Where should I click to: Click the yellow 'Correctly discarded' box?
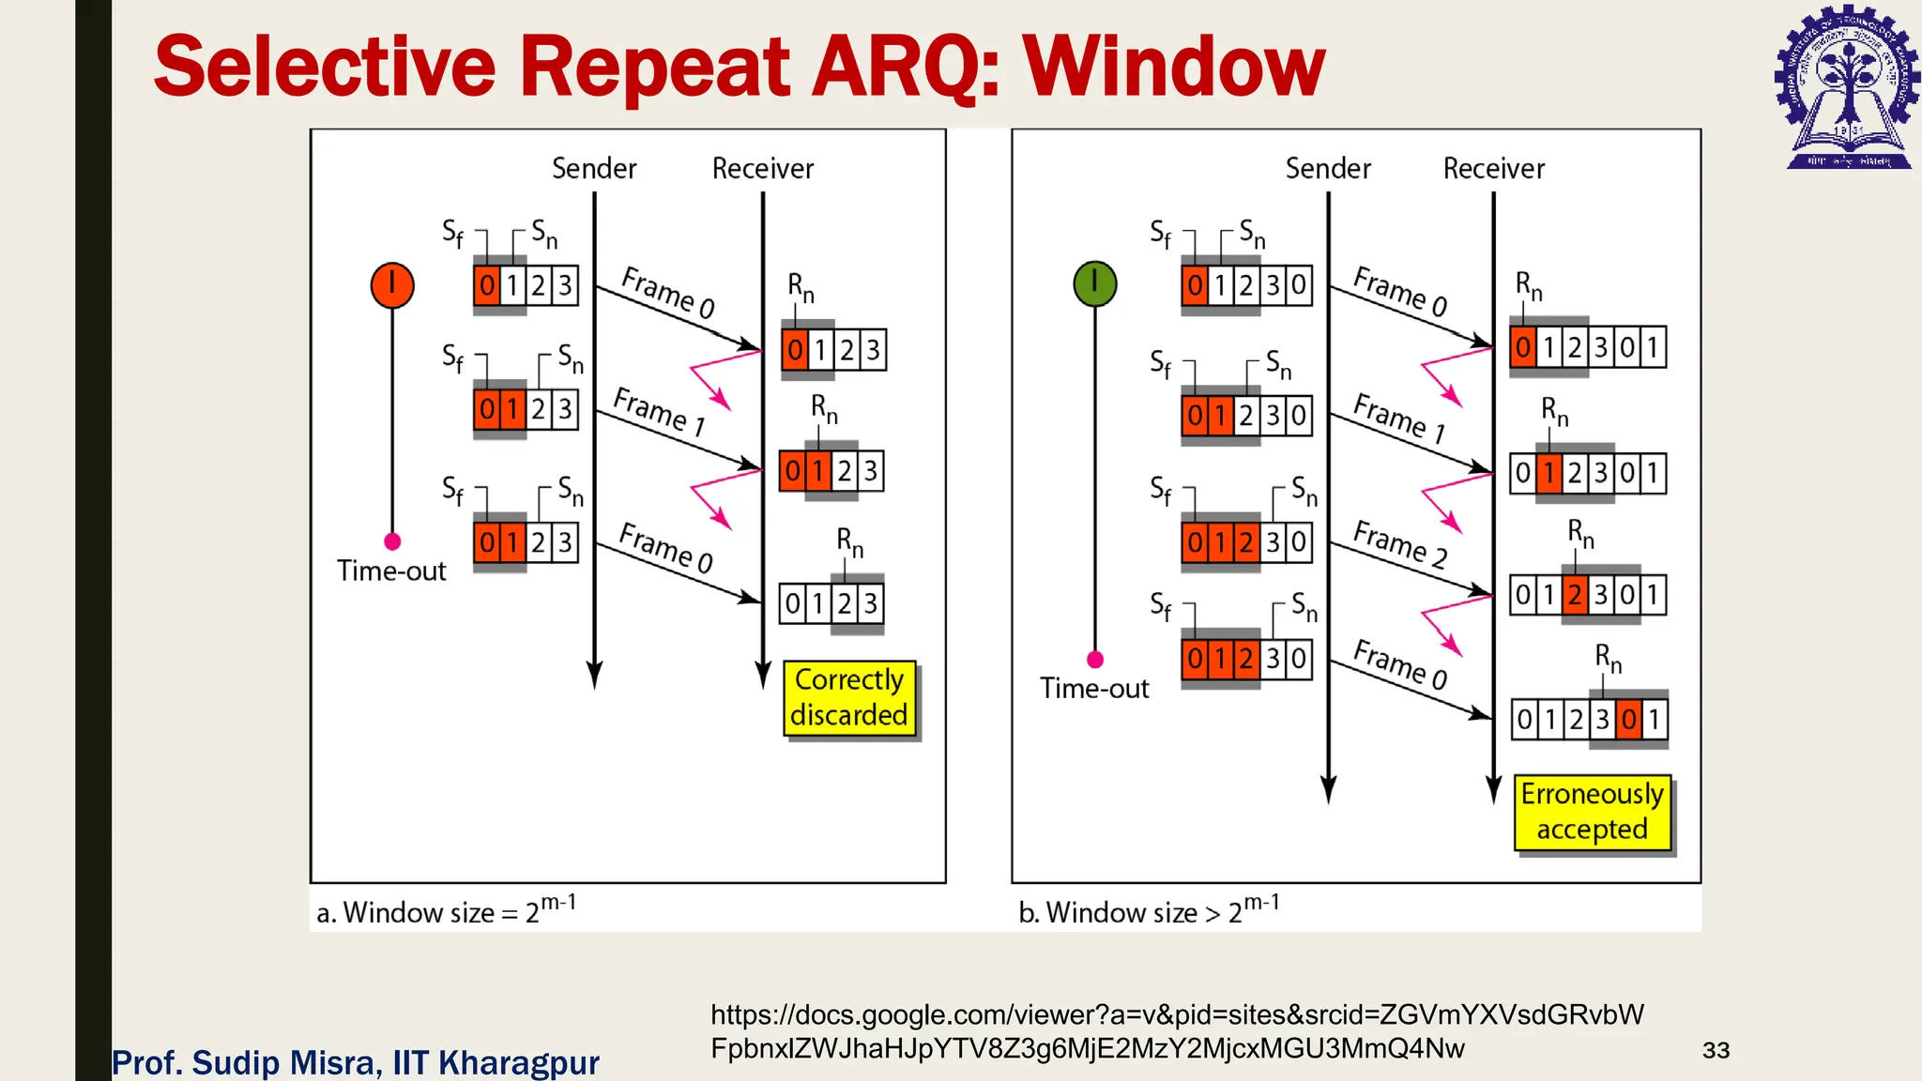(849, 697)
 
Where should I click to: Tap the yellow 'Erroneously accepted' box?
(1592, 812)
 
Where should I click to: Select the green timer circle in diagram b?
(1094, 283)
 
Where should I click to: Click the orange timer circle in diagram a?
(392, 285)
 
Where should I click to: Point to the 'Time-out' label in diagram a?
(391, 571)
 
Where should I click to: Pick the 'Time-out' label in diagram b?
(1094, 688)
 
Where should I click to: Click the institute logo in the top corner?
(1847, 87)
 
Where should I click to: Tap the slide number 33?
(1716, 1050)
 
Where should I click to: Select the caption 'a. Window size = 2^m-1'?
(447, 910)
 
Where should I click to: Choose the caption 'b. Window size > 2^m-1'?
(1149, 910)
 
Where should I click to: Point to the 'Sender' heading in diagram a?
(594, 169)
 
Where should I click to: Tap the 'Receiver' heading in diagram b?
(1493, 169)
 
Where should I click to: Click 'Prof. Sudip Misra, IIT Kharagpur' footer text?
(356, 1062)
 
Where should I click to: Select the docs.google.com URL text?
(1177, 1030)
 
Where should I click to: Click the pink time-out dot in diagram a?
(392, 541)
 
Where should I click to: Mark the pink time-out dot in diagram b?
(1094, 659)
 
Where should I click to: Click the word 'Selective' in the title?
(325, 68)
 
